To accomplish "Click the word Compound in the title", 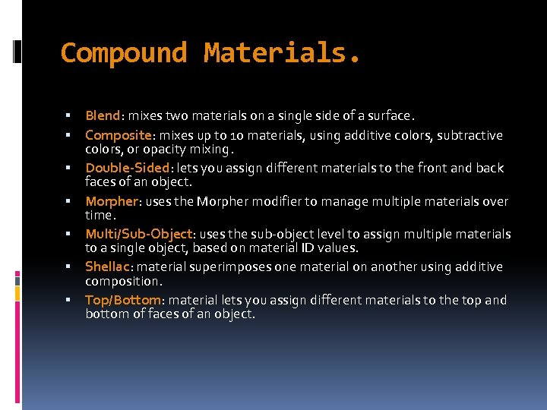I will click(124, 53).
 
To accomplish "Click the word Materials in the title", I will click(277, 53).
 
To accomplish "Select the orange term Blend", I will click(103, 116).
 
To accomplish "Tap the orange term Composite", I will click(118, 135).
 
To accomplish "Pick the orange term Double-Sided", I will click(128, 168).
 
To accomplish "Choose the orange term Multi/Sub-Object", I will click(138, 234).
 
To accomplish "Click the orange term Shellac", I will click(109, 266).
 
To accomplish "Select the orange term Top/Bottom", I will click(122, 300).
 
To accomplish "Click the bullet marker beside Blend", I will click(68, 116).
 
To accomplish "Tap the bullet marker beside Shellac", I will click(68, 266).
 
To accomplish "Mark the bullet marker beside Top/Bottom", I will click(68, 300).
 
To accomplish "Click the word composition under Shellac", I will click(122, 280).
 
